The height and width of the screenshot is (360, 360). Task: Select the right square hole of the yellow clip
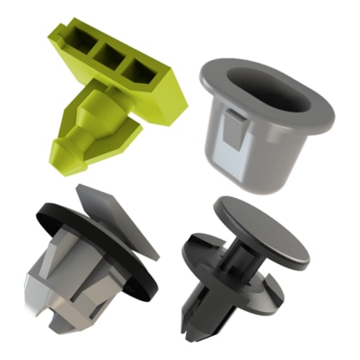tap(136, 69)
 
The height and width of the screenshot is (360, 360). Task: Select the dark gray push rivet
tap(244, 266)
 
